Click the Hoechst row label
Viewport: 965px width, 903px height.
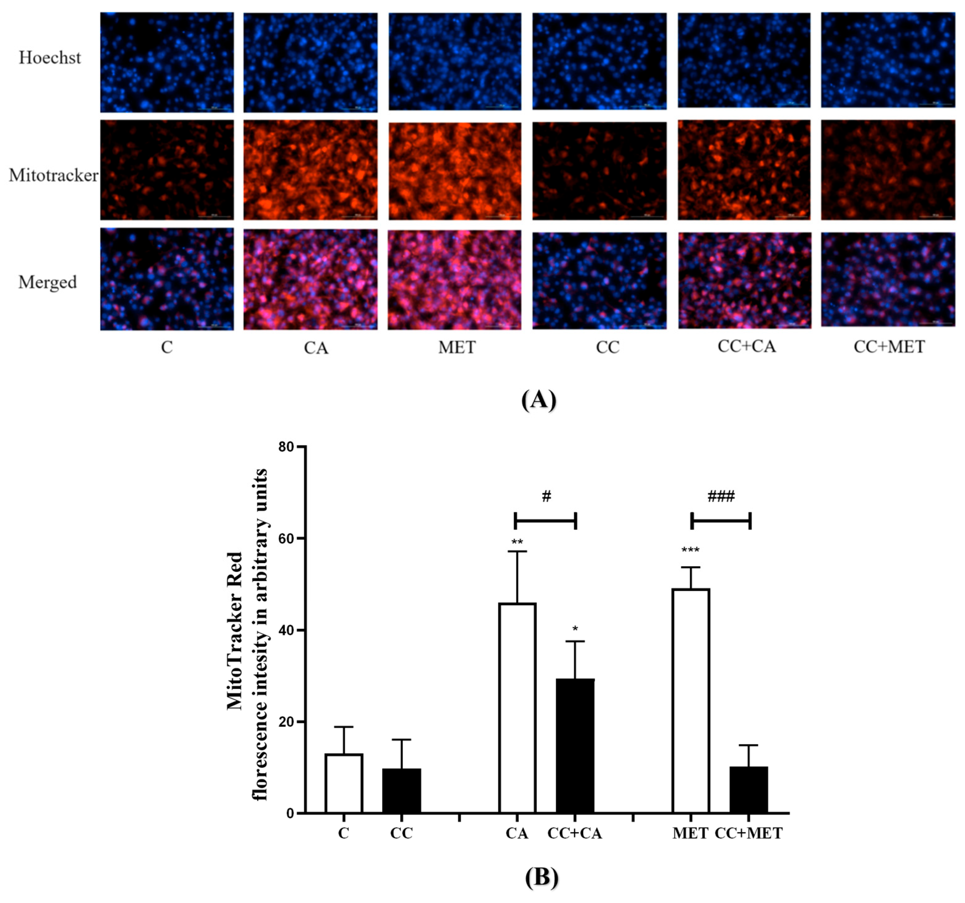pos(50,58)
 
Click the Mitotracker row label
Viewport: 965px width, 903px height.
pos(53,175)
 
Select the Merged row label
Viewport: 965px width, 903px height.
pos(47,282)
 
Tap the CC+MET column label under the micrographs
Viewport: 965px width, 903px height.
pos(889,347)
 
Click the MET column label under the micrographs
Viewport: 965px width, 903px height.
pos(457,347)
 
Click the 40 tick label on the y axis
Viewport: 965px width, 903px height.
pos(286,631)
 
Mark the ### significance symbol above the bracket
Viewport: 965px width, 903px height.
pos(721,496)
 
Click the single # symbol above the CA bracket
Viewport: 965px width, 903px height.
pos(546,496)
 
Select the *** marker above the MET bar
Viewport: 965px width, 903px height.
pos(690,550)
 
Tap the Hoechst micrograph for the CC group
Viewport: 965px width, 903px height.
pos(600,61)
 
